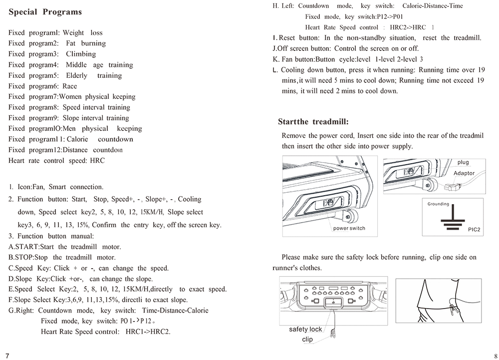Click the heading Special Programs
(45, 12)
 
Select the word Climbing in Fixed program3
(81, 54)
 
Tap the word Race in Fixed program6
(70, 86)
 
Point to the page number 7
(7, 355)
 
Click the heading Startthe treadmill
(313, 122)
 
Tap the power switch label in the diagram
(349, 228)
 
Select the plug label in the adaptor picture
(463, 163)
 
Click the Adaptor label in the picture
(464, 173)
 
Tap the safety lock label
(305, 329)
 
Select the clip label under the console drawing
(307, 339)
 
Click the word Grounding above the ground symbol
(438, 204)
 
